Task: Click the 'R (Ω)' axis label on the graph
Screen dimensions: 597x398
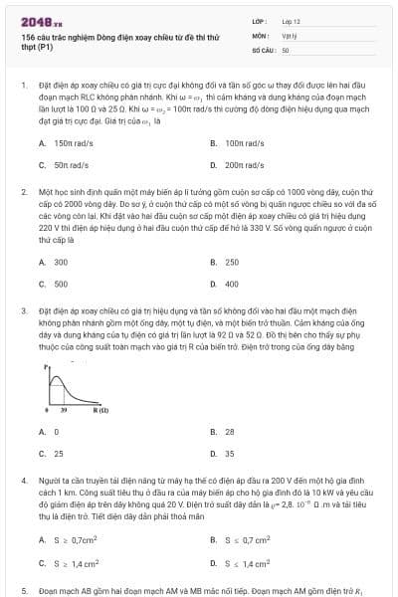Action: [x=101, y=410]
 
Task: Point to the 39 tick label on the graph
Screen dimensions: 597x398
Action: [x=64, y=410]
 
